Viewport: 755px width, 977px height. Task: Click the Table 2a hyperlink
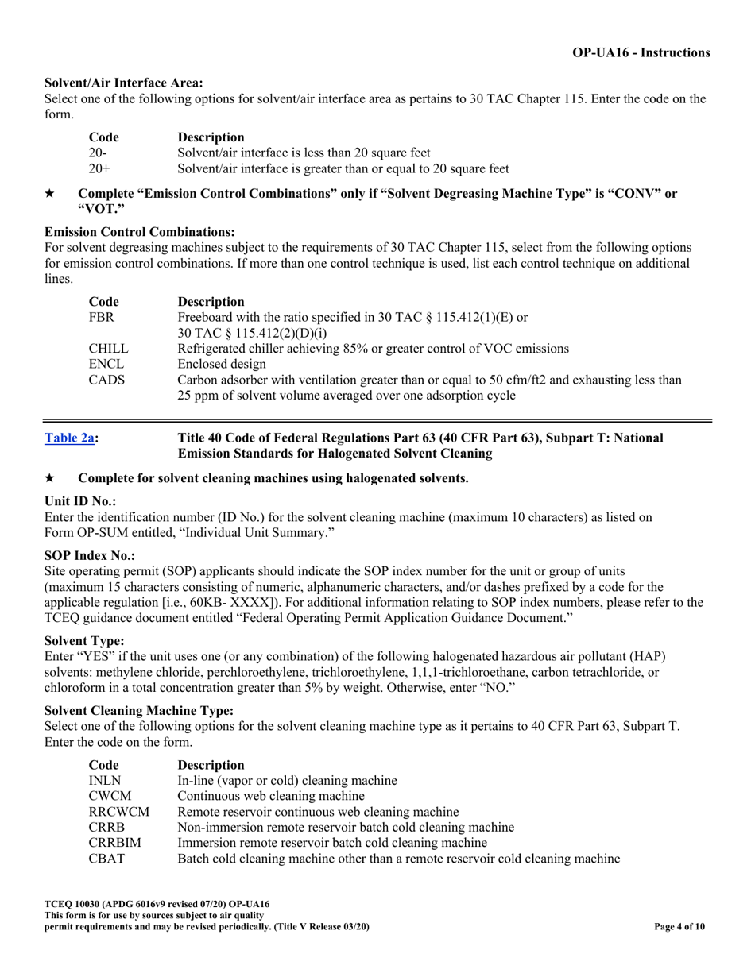tap(70, 438)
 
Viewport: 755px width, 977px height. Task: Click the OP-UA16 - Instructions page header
tap(641, 52)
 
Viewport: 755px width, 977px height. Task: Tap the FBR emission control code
tap(101, 317)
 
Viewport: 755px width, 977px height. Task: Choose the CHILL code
tap(107, 348)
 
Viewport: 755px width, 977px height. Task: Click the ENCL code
tap(105, 364)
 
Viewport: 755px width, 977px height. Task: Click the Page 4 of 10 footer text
tap(679, 926)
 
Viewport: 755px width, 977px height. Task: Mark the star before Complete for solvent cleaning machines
tap(49, 478)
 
